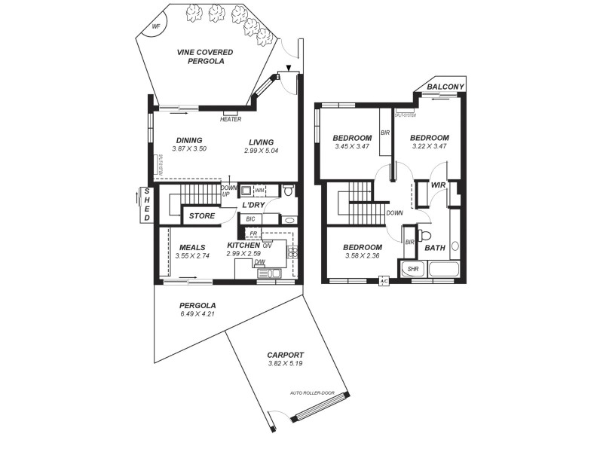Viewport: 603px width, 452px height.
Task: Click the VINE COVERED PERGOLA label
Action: pos(204,56)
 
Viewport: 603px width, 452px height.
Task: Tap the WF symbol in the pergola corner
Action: pos(157,26)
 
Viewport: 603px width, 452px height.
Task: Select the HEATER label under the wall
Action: pos(231,119)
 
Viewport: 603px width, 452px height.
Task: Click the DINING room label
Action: pos(189,140)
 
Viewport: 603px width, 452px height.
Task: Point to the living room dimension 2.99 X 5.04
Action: pos(262,151)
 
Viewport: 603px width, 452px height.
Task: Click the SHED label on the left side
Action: pos(146,205)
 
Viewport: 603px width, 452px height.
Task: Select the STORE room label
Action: pos(202,216)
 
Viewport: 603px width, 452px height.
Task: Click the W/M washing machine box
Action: pos(259,191)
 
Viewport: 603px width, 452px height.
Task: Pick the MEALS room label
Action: pos(192,247)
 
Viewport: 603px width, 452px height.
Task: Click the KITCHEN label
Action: pos(243,245)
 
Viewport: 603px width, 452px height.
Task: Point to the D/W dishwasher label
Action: pos(259,262)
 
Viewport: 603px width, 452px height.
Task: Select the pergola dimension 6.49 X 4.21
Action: pos(197,314)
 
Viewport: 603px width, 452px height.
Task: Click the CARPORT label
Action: pos(285,355)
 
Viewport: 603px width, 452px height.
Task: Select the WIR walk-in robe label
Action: pos(439,185)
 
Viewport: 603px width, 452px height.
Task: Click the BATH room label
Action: pos(435,248)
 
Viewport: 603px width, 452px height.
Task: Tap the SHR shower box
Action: pos(412,269)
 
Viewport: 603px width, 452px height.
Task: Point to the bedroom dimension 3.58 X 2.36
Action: pos(362,256)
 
